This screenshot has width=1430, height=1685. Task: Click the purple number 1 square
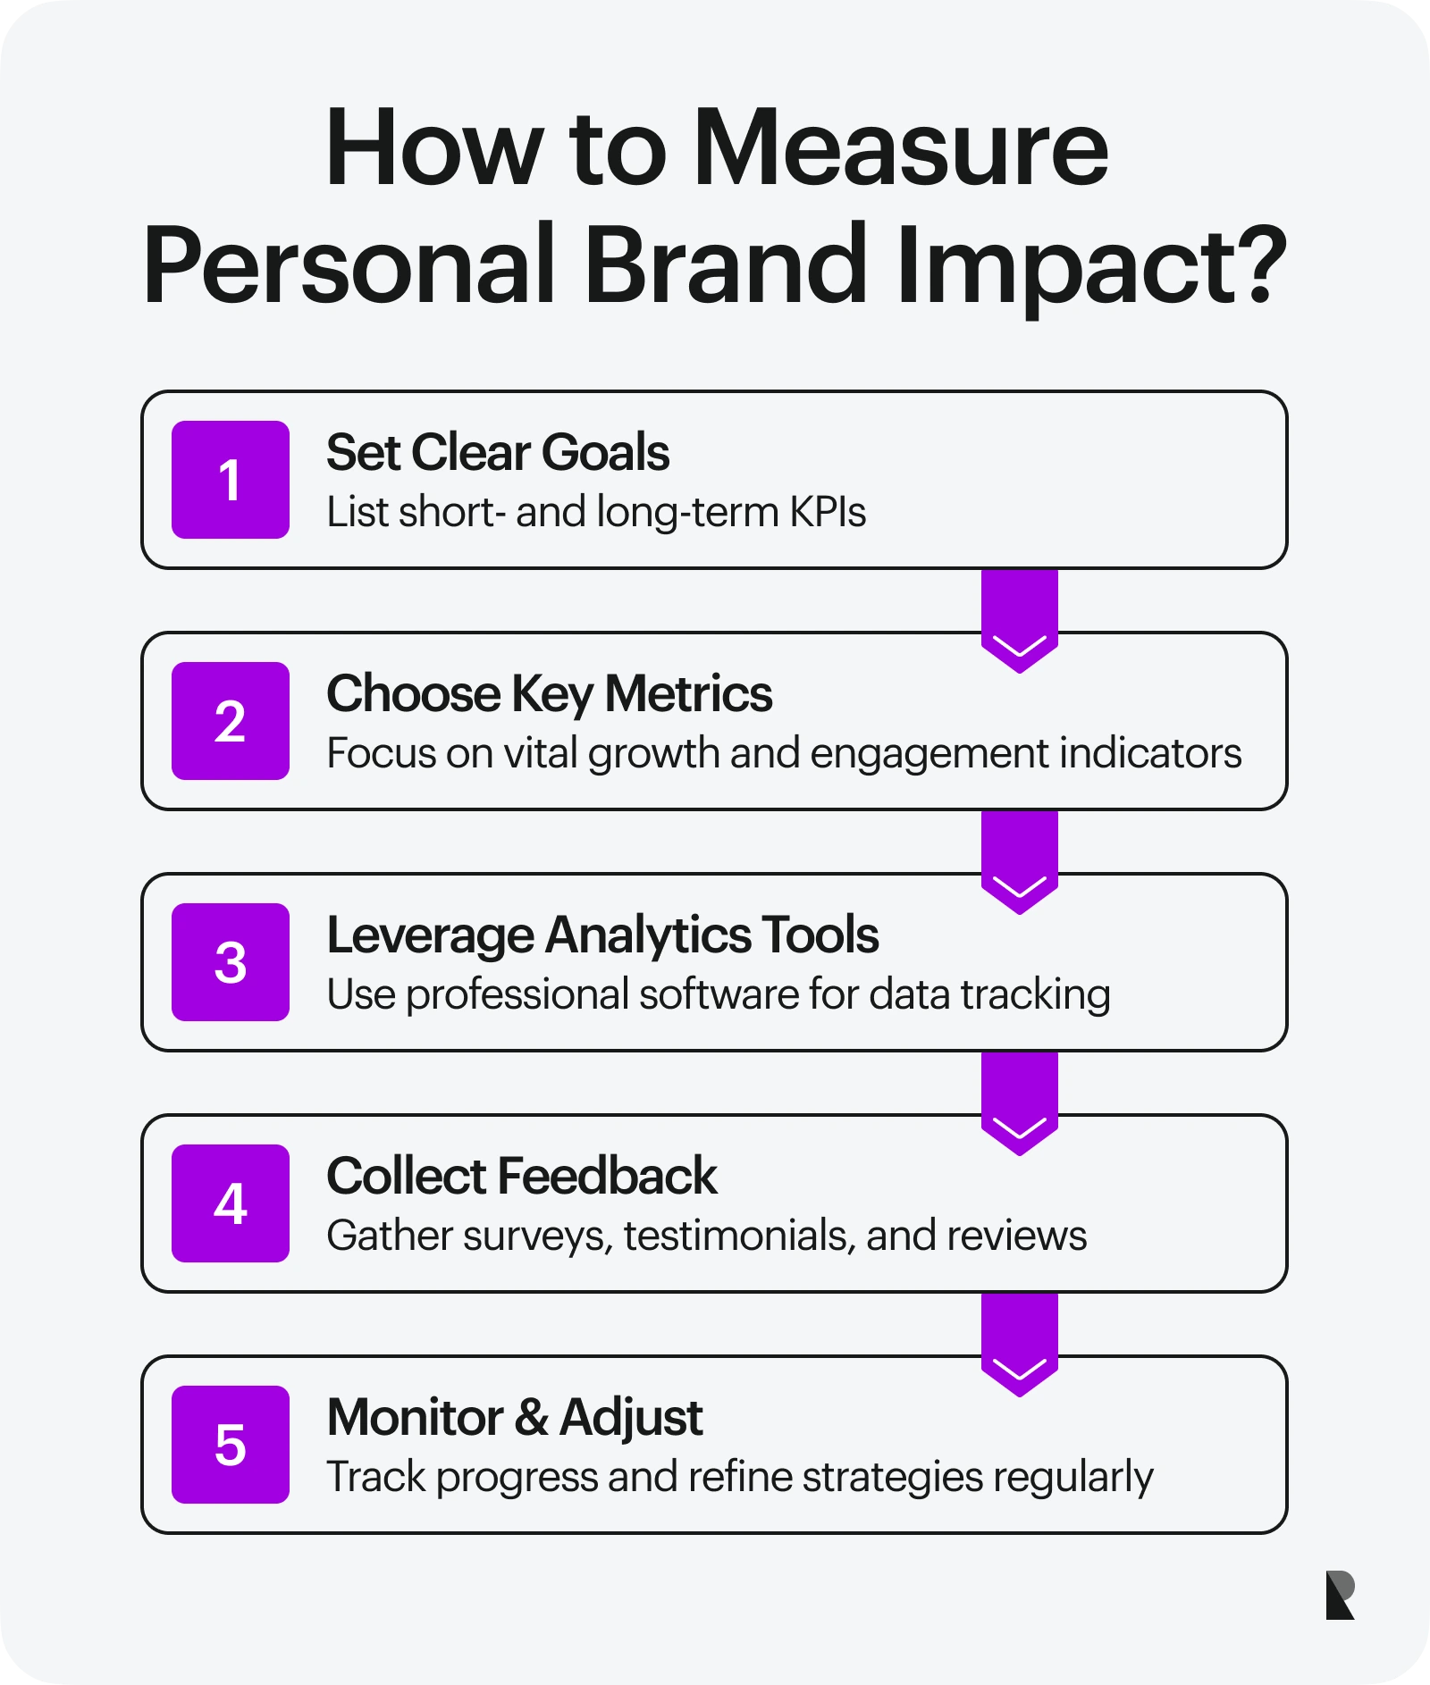tap(230, 480)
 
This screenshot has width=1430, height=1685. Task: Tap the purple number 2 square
tap(230, 721)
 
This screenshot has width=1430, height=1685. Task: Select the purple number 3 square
tap(230, 962)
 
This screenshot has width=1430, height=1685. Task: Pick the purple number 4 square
tap(230, 1203)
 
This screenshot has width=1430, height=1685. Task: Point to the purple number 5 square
tap(230, 1445)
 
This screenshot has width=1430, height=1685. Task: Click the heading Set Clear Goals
tap(497, 452)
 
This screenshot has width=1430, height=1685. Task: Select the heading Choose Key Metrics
tap(549, 694)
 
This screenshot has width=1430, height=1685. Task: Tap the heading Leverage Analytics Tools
tap(602, 935)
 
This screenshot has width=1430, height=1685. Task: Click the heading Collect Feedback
tap(521, 1176)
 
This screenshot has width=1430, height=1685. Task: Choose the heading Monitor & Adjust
tap(515, 1417)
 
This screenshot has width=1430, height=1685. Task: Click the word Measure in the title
tap(900, 148)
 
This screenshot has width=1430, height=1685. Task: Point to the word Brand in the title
tap(725, 264)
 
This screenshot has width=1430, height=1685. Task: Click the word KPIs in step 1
tap(828, 513)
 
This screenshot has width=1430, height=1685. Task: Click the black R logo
tap(1340, 1595)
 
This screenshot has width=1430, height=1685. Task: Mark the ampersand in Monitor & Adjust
tap(532, 1418)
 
